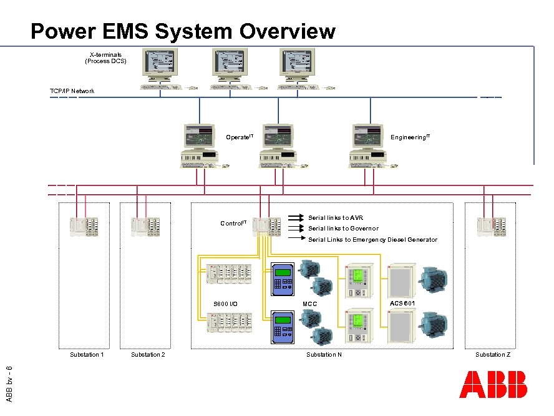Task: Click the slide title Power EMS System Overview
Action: pyautogui.click(x=183, y=31)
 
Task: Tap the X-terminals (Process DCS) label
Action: pyautogui.click(x=105, y=58)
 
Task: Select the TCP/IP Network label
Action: pyautogui.click(x=72, y=91)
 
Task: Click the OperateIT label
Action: pyautogui.click(x=239, y=136)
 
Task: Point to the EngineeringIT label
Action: pyautogui.click(x=410, y=136)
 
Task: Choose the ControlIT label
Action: pyautogui.click(x=233, y=223)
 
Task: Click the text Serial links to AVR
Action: pyautogui.click(x=336, y=218)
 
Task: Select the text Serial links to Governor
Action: pyautogui.click(x=343, y=229)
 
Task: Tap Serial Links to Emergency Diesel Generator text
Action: pyautogui.click(x=372, y=240)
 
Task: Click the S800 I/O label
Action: pyautogui.click(x=225, y=304)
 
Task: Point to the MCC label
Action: pyautogui.click(x=309, y=304)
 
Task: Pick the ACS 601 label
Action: pyautogui.click(x=402, y=303)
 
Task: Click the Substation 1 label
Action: pyautogui.click(x=87, y=355)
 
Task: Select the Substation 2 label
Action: pyautogui.click(x=148, y=355)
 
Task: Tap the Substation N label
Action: pyautogui.click(x=324, y=355)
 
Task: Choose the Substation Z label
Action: pyautogui.click(x=493, y=355)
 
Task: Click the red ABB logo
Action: pyautogui.click(x=493, y=385)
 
